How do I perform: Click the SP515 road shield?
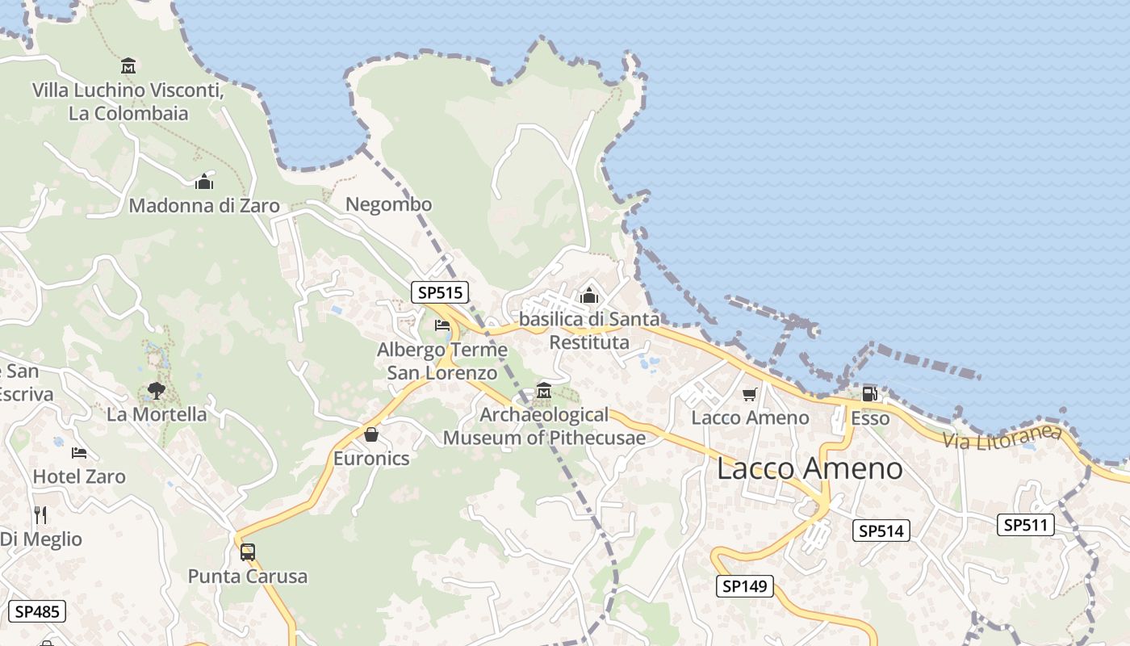click(440, 292)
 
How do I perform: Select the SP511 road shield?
click(1026, 525)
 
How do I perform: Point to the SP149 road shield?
click(744, 586)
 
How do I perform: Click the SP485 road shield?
click(37, 611)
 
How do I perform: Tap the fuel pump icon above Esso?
click(869, 394)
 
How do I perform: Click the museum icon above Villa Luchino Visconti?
click(128, 65)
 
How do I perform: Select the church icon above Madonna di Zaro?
click(204, 182)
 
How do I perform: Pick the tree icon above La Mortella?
click(156, 392)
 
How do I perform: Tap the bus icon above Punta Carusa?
click(248, 552)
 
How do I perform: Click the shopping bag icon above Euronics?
click(371, 434)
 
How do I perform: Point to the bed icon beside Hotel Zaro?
click(78, 452)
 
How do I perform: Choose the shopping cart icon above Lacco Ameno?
click(750, 394)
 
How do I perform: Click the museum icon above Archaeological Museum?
click(543, 392)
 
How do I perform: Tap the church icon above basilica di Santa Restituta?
click(588, 296)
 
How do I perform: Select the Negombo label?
click(388, 204)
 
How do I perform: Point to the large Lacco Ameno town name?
click(810, 468)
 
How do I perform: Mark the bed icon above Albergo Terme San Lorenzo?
click(442, 325)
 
